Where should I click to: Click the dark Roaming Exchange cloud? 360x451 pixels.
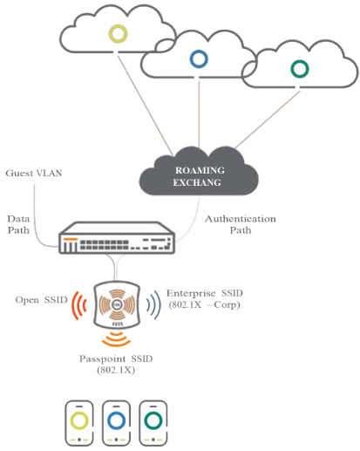(x=199, y=171)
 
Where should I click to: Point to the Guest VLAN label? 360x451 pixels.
(x=34, y=173)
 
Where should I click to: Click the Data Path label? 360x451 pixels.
(x=18, y=224)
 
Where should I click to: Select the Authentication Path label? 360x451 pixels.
(x=241, y=224)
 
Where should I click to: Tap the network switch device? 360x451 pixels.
(x=117, y=238)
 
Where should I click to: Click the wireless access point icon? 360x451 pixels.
(x=117, y=304)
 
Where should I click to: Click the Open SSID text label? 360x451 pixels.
(x=41, y=300)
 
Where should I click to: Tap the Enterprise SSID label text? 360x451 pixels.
(x=205, y=298)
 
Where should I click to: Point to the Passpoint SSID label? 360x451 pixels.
(x=116, y=364)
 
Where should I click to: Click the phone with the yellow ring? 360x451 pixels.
(x=79, y=423)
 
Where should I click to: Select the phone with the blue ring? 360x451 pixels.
(x=116, y=423)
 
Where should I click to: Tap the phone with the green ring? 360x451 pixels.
(x=153, y=423)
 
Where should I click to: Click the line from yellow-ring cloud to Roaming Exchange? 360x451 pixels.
(x=146, y=106)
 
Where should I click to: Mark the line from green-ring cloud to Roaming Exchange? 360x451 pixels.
(x=268, y=120)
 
